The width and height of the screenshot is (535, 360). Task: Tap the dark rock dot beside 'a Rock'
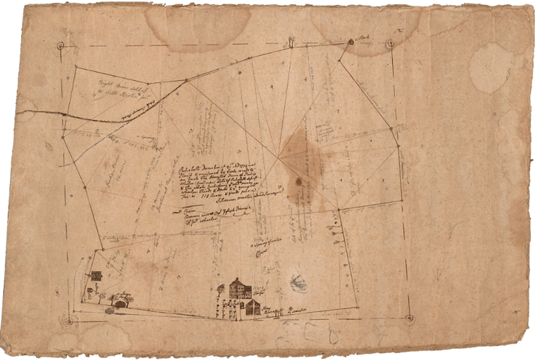350,42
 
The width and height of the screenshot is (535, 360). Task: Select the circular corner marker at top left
61,45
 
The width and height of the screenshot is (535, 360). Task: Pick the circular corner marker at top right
390,43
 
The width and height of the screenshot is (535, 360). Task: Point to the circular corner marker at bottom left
71,319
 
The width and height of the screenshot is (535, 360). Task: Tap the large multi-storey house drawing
237,288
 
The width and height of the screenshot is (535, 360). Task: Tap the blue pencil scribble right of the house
298,280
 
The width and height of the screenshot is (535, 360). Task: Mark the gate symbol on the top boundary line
293,42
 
